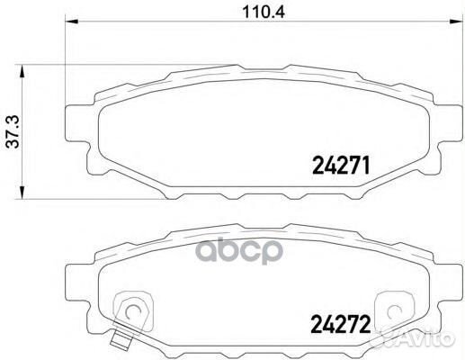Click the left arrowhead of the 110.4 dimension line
[70, 28]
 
